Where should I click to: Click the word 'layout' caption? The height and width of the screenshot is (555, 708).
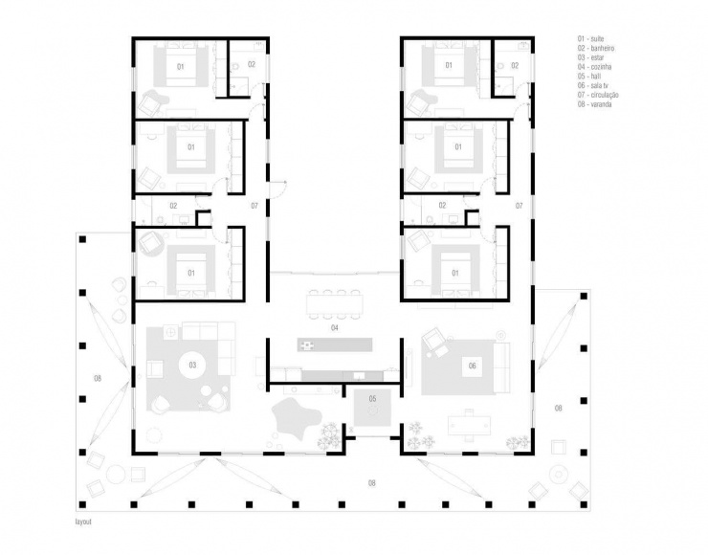click(x=83, y=524)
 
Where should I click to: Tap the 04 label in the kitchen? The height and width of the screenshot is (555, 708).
click(x=335, y=328)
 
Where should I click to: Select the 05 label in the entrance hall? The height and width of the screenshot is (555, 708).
click(x=372, y=397)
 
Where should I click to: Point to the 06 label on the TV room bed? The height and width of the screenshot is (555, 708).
click(x=472, y=366)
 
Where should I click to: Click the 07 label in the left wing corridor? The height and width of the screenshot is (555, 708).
click(x=254, y=206)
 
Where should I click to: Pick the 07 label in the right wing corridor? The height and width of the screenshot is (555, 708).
click(x=519, y=206)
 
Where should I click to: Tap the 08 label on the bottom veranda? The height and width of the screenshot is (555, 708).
click(x=372, y=483)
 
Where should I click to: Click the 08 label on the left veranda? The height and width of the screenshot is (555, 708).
click(x=97, y=380)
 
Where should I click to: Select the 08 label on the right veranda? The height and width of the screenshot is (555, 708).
click(x=558, y=409)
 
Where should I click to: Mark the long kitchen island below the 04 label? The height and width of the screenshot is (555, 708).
click(x=335, y=343)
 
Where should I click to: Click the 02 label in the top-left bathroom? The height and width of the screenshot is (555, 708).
click(x=251, y=64)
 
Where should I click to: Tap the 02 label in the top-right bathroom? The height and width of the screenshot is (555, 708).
click(x=515, y=64)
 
